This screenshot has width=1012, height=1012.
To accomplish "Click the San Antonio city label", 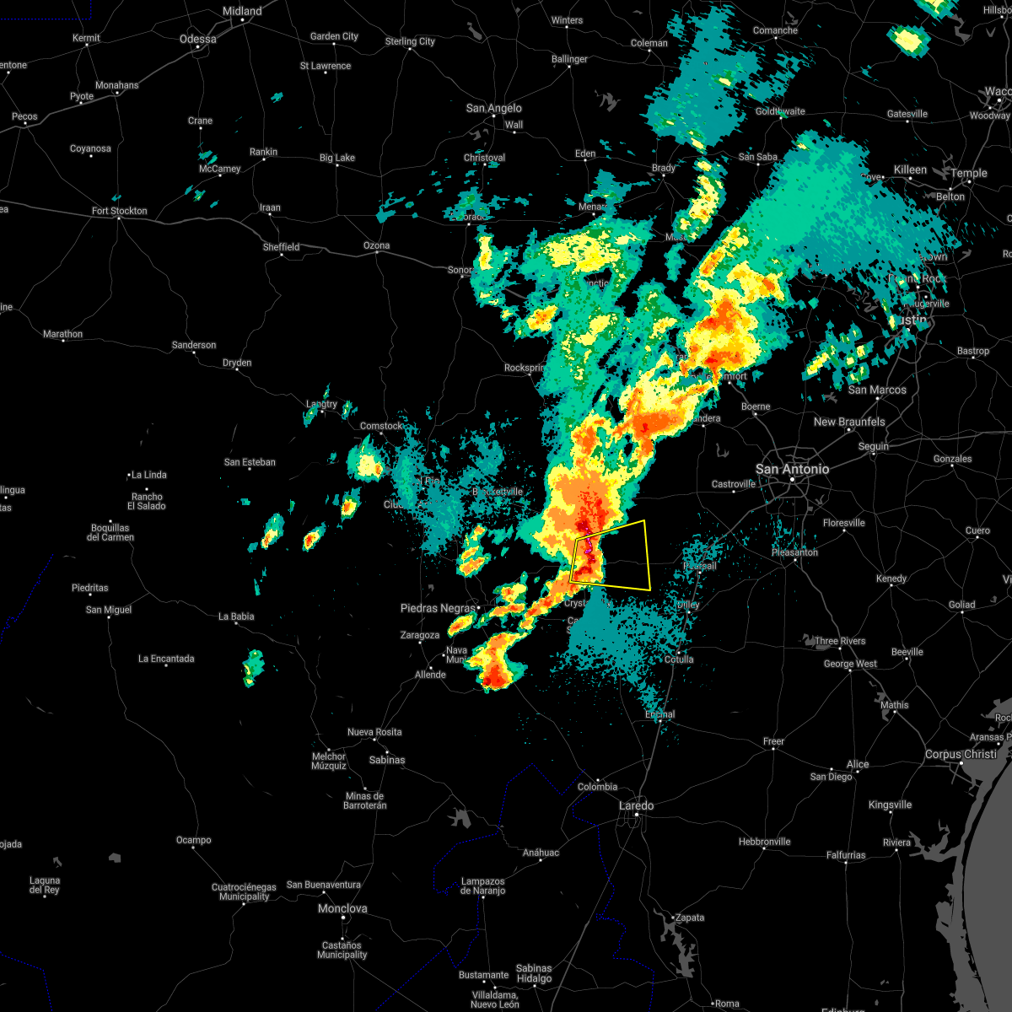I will coord(792,469).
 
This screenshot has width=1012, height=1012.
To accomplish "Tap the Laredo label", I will coord(636,805).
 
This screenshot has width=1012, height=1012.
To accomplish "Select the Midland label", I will coord(242,11).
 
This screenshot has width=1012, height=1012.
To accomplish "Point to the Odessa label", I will coord(198,39).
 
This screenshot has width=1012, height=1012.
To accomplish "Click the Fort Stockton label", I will coord(119,211).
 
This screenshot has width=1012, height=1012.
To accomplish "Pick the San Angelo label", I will coord(494,108).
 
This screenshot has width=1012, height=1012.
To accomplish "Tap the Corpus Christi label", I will coord(961,755).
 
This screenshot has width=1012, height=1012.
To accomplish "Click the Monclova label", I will coord(342,908).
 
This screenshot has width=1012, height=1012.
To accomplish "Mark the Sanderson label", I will coord(194,345).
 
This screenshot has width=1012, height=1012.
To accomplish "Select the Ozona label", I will coord(376,246).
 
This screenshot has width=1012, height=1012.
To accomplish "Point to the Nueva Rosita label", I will coord(374,732).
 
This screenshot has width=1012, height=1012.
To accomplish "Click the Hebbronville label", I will coord(764,842).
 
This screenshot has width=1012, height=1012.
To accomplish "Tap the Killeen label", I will coord(910,170).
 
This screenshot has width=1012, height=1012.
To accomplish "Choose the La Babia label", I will coord(236,616).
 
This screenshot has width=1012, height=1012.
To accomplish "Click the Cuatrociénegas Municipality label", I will coord(244,891).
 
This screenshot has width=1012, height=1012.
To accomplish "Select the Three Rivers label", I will coord(840,641).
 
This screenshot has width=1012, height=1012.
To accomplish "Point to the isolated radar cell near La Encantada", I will coord(253,666).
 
